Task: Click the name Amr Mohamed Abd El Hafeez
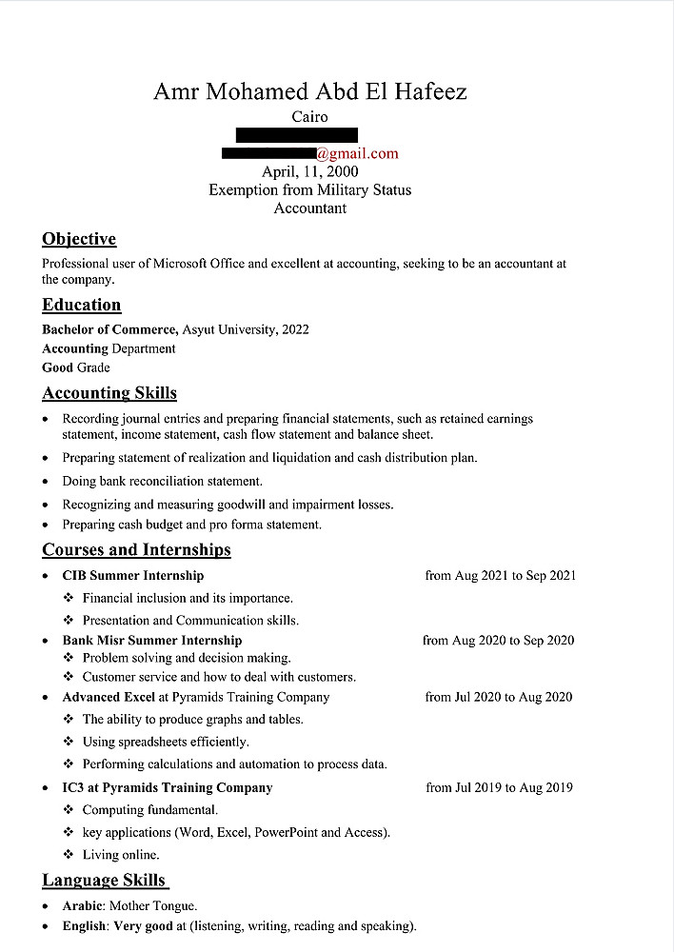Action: (x=309, y=91)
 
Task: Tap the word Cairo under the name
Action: (x=309, y=117)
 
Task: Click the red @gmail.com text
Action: (x=357, y=153)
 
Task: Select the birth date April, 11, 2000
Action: (x=309, y=171)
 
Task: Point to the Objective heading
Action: (x=79, y=239)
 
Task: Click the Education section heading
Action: (x=82, y=305)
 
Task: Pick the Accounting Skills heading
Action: (x=109, y=393)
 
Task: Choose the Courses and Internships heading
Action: (x=136, y=549)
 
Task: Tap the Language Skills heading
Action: (x=104, y=880)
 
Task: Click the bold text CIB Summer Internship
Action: (x=133, y=575)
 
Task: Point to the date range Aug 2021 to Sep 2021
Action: (x=515, y=575)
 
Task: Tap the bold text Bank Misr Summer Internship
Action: (x=152, y=641)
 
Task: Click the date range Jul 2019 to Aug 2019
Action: (x=514, y=787)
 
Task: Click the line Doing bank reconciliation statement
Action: (x=162, y=481)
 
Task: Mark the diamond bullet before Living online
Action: (x=69, y=855)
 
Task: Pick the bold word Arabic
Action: (x=83, y=905)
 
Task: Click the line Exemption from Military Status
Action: (x=309, y=189)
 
